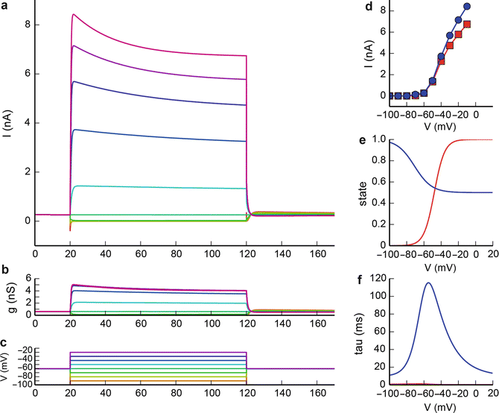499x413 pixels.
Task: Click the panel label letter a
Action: (6, 6)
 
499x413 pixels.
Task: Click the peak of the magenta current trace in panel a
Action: (72, 14)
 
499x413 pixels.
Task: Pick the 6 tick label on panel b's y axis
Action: (27, 278)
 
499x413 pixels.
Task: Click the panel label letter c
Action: (6, 341)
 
